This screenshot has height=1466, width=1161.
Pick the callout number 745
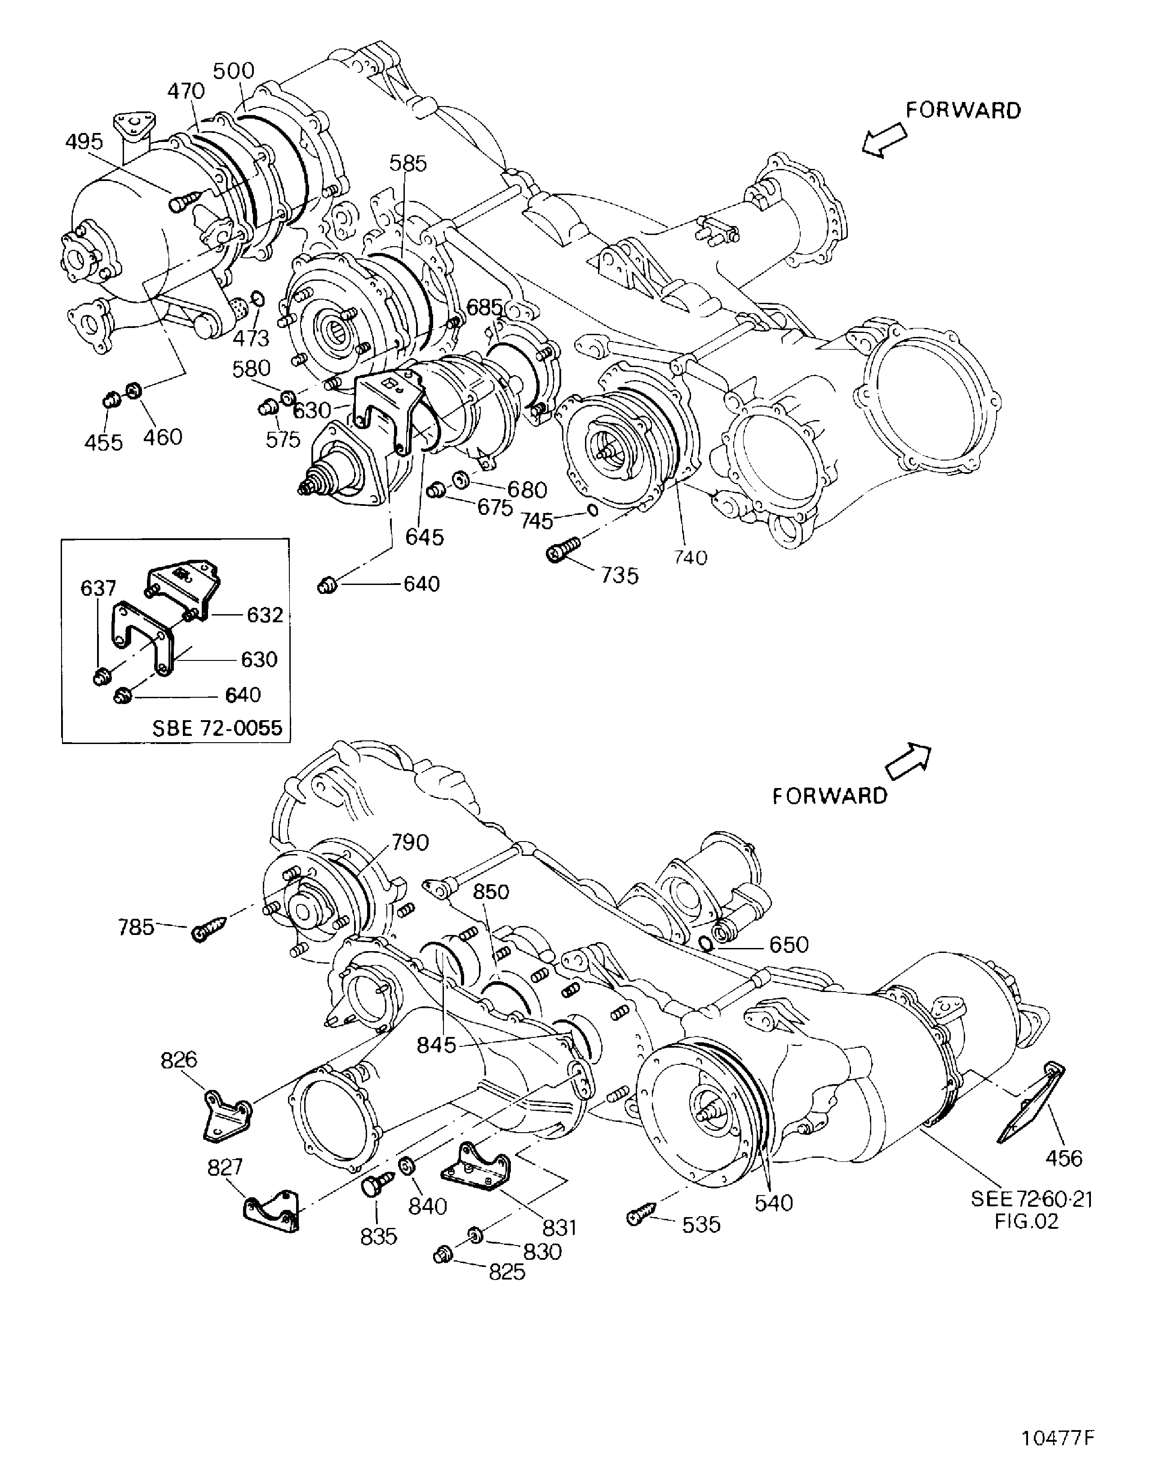point(536,521)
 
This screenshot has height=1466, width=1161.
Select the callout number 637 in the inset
point(98,588)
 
